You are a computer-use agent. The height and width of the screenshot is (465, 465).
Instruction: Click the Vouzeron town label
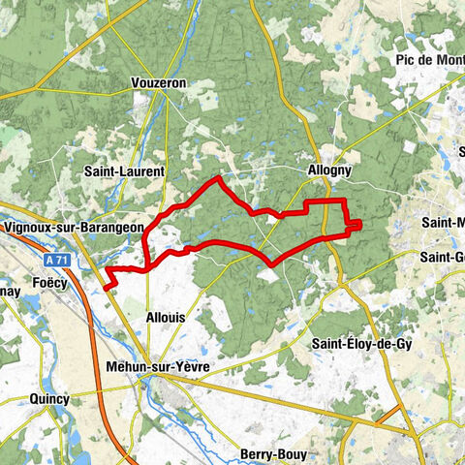[x=158, y=83]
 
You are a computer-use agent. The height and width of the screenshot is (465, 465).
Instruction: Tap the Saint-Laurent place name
[x=125, y=171]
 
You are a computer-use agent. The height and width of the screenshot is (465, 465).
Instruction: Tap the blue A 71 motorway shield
[x=57, y=261]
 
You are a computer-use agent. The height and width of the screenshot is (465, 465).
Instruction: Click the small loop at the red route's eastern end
[x=356, y=226]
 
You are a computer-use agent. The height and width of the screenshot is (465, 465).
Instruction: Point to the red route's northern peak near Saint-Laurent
[x=219, y=177]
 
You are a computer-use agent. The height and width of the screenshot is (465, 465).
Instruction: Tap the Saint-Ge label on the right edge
[x=442, y=257]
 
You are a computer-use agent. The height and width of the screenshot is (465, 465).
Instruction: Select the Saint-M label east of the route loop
[x=442, y=222]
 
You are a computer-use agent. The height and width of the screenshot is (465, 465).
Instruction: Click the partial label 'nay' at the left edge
[x=10, y=290]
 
